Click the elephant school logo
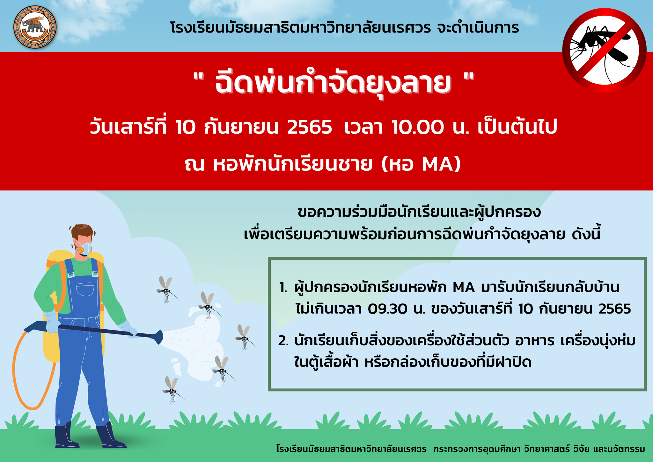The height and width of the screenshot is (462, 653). pyautogui.click(x=35, y=27)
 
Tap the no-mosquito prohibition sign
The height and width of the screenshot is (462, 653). pyautogui.click(x=604, y=50)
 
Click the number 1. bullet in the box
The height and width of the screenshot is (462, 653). pyautogui.click(x=283, y=287)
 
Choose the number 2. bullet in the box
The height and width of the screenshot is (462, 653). pyautogui.click(x=284, y=341)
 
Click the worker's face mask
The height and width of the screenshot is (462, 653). pyautogui.click(x=84, y=248)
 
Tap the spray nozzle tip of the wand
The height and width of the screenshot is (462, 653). pyautogui.click(x=159, y=337)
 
